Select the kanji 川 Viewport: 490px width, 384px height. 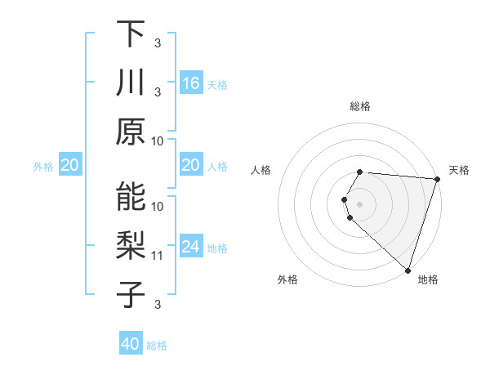click(x=131, y=83)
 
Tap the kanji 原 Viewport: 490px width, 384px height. click(x=131, y=132)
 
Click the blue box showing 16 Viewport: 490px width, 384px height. click(x=191, y=83)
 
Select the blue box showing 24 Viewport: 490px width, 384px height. click(x=191, y=247)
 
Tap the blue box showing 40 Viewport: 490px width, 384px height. click(x=131, y=344)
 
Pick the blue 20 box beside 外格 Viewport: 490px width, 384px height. click(x=70, y=165)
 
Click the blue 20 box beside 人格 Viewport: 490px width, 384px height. click(x=191, y=165)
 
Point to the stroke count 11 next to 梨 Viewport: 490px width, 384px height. click(x=158, y=256)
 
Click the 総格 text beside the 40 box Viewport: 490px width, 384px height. click(x=157, y=346)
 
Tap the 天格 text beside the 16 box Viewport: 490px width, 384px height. click(x=217, y=84)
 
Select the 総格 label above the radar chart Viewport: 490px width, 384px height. click(x=360, y=106)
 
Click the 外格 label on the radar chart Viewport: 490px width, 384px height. click(x=287, y=279)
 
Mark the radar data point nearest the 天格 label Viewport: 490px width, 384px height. click(x=437, y=179)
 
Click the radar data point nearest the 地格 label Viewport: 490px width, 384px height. click(x=408, y=270)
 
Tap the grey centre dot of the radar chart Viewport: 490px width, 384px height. click(x=360, y=203)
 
